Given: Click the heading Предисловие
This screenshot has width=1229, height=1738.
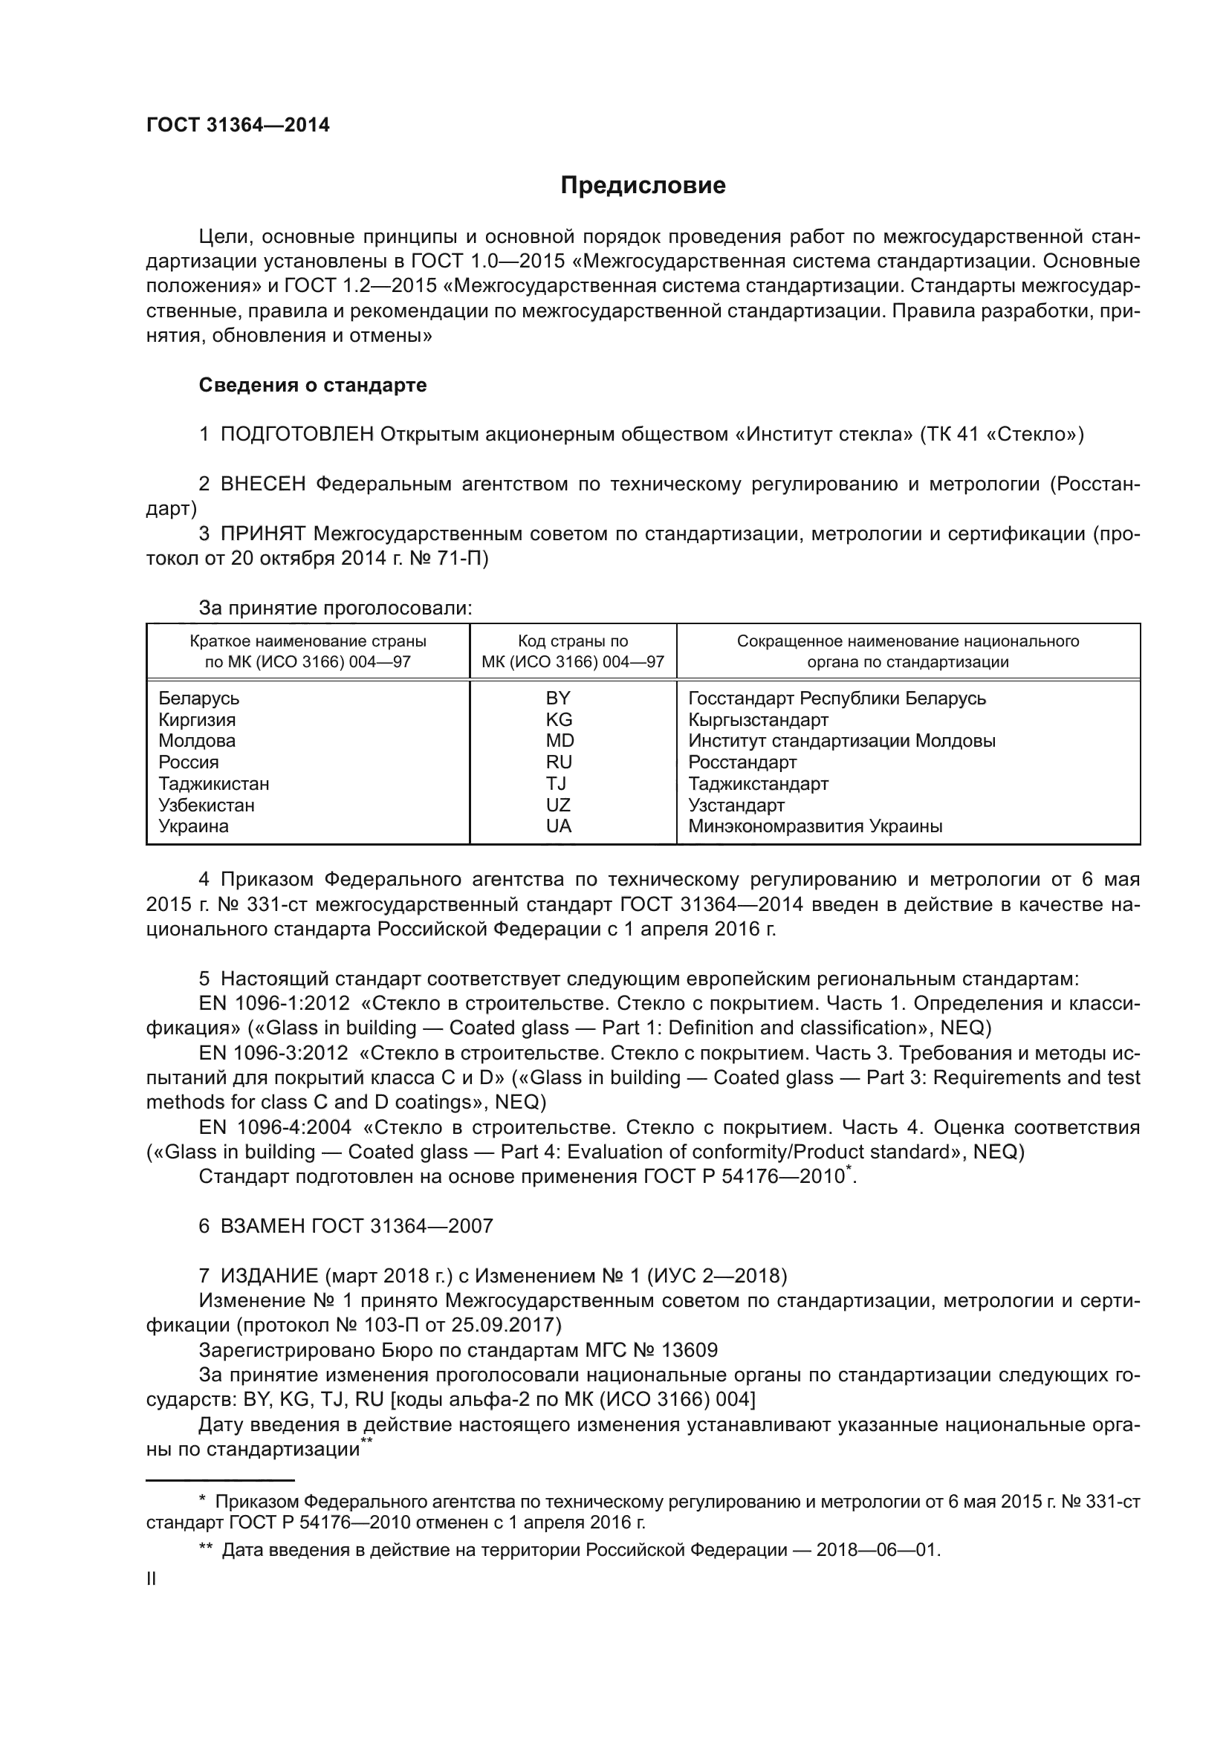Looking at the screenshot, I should (x=643, y=186).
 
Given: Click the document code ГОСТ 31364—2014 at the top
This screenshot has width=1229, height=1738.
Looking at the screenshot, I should (x=238, y=125).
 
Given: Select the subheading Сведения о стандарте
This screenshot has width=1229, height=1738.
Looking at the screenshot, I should (x=313, y=386).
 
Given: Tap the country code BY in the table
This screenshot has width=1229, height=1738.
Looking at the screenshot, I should (x=559, y=698).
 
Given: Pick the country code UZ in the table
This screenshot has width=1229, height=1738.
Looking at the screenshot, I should (x=559, y=805).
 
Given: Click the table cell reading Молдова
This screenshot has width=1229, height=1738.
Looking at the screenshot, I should (x=197, y=741).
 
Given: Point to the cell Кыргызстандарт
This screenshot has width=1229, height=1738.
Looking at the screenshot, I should (x=759, y=720).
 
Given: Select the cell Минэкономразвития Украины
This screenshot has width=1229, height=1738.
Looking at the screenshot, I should (x=815, y=826).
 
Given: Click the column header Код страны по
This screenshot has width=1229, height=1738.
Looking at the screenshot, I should (x=573, y=641).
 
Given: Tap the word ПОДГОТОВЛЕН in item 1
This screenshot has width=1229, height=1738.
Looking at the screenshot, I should (x=296, y=435).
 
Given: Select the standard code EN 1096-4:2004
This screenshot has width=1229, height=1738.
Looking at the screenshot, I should (x=275, y=1127).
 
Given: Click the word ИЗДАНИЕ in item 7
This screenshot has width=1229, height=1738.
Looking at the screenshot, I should (x=269, y=1277).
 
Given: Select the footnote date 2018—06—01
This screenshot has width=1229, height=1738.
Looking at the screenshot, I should (x=877, y=1550).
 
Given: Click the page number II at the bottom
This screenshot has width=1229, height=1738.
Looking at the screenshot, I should (x=152, y=1579).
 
